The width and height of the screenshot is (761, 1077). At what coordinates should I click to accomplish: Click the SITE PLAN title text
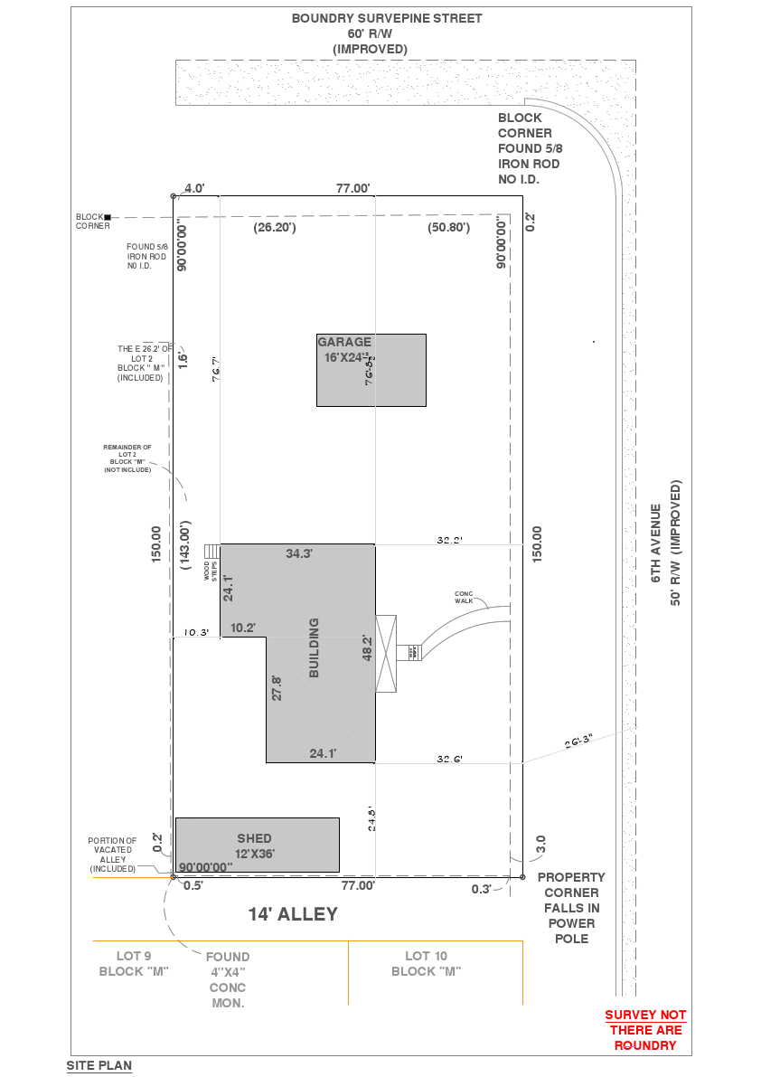tap(99, 1065)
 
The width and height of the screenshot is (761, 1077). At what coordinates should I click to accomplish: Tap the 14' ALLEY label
tap(293, 914)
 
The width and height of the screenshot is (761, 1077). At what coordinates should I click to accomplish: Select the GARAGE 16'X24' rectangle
tap(371, 370)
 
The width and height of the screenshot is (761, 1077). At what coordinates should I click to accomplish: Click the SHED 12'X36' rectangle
tap(258, 845)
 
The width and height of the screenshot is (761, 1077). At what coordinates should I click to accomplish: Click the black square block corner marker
tap(108, 217)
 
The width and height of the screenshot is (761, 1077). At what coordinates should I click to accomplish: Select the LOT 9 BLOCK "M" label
tap(134, 963)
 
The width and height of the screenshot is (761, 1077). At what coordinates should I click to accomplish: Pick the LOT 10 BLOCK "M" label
tap(427, 963)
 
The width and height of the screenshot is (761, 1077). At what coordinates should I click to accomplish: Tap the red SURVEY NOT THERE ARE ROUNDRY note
tap(645, 1030)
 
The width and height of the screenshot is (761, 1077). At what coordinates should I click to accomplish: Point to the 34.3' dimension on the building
tap(299, 553)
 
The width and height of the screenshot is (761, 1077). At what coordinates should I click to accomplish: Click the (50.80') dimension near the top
tap(448, 228)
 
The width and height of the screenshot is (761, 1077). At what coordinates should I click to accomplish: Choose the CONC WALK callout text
tap(464, 597)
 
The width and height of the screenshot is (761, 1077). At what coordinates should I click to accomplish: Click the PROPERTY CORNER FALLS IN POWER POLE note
tap(571, 908)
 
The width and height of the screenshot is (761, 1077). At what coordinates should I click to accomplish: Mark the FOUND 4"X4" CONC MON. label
tap(228, 979)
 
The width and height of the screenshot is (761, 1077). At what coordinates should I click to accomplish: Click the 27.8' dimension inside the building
tap(277, 687)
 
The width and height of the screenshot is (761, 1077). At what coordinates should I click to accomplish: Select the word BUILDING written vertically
tap(315, 647)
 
